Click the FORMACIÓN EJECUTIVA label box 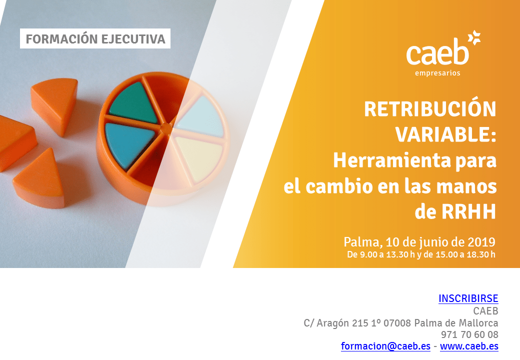click(x=95, y=38)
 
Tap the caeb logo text click(x=437, y=52)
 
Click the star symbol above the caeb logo click(x=474, y=37)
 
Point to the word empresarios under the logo click(x=437, y=73)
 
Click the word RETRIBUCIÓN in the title click(x=430, y=109)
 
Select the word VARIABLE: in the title click(x=445, y=134)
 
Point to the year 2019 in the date click(x=481, y=242)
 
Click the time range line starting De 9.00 click(x=421, y=254)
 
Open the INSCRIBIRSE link click(x=468, y=298)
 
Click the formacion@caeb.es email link click(x=385, y=346)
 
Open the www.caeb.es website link click(x=469, y=346)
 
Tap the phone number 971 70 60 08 click(x=469, y=334)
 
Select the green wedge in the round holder click(x=133, y=103)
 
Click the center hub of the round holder click(x=165, y=128)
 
